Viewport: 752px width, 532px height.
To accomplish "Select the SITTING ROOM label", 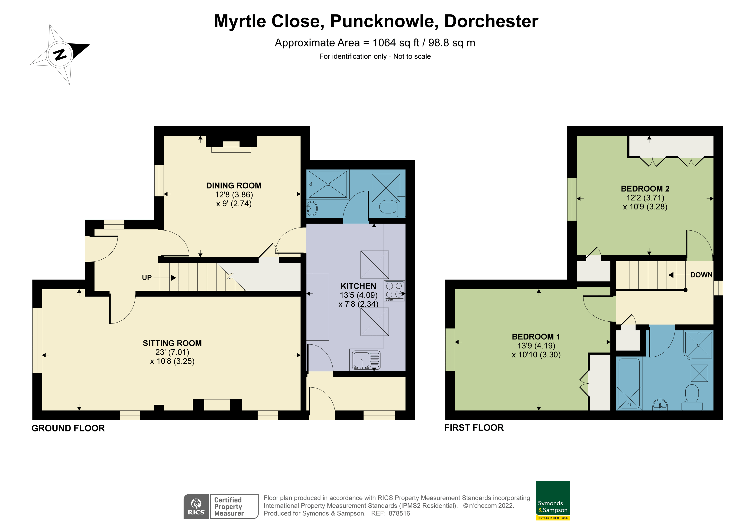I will pos(172,343).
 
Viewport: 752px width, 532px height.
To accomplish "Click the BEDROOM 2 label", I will pos(645,189).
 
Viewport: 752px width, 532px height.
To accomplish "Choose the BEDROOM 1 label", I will pos(536,337).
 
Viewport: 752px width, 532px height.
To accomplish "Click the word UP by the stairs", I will pos(147,278).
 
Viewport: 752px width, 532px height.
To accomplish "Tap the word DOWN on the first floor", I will pos(701,275).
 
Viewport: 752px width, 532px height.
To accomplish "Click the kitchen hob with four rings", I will pos(394,291).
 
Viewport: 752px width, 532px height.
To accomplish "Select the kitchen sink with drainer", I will pos(366,360).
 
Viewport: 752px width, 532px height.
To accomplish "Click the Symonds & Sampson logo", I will pos(553,500).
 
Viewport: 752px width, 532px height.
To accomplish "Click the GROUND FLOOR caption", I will pos(68,428).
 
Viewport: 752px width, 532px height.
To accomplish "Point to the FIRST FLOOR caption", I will pos(474,428).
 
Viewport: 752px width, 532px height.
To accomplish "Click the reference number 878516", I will pos(399,514).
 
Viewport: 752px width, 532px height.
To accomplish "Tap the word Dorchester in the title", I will pos(491,21).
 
